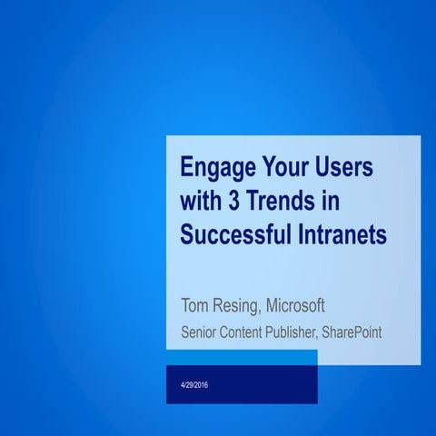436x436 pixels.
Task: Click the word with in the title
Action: (201, 202)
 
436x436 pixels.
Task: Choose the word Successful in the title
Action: (233, 233)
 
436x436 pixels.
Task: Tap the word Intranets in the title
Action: (339, 233)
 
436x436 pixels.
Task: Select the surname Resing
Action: (239, 305)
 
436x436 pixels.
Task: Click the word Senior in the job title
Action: (199, 332)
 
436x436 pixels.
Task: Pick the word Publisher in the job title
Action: (292, 332)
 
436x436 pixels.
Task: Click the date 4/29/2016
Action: (194, 388)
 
